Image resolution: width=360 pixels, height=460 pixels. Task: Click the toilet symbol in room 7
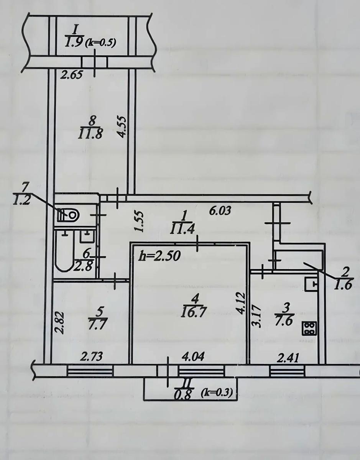[68, 215]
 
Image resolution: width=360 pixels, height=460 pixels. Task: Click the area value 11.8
[90, 134]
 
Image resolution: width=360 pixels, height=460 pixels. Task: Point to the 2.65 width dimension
[71, 75]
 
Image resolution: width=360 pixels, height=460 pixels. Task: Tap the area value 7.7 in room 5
[97, 324]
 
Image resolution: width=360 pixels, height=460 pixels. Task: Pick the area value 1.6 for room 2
[343, 285]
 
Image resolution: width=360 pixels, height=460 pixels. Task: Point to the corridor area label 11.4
[182, 229]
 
